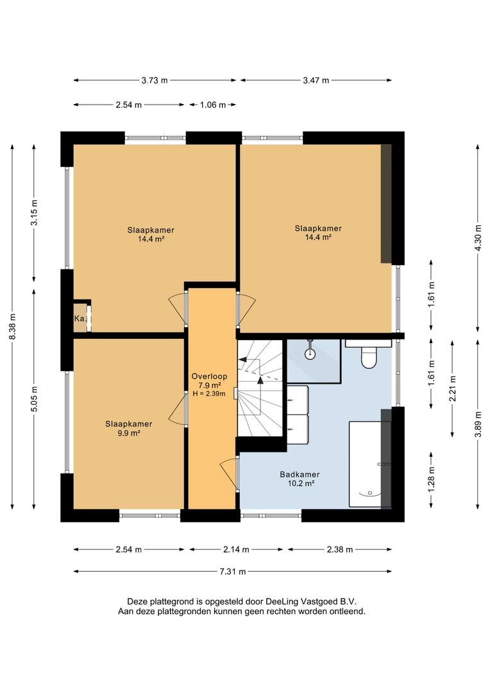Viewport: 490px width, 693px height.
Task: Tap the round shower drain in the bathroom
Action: [x=311, y=353]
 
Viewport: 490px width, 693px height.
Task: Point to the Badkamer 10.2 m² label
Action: [x=300, y=479]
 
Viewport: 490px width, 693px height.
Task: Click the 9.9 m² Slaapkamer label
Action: [x=128, y=428]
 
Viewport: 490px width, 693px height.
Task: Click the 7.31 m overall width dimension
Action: [x=232, y=572]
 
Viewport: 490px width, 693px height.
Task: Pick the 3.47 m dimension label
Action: [x=316, y=80]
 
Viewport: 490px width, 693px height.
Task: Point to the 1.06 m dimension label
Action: [x=213, y=105]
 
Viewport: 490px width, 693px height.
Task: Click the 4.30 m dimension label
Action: [x=478, y=238]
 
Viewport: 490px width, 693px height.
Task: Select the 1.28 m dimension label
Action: [x=431, y=480]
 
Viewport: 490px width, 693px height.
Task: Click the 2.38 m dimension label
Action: [x=340, y=549]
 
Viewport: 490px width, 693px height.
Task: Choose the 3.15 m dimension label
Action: [x=34, y=212]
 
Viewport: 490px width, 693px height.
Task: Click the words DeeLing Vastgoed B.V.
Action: [x=310, y=601]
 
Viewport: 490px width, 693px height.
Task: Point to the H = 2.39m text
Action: [x=210, y=393]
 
